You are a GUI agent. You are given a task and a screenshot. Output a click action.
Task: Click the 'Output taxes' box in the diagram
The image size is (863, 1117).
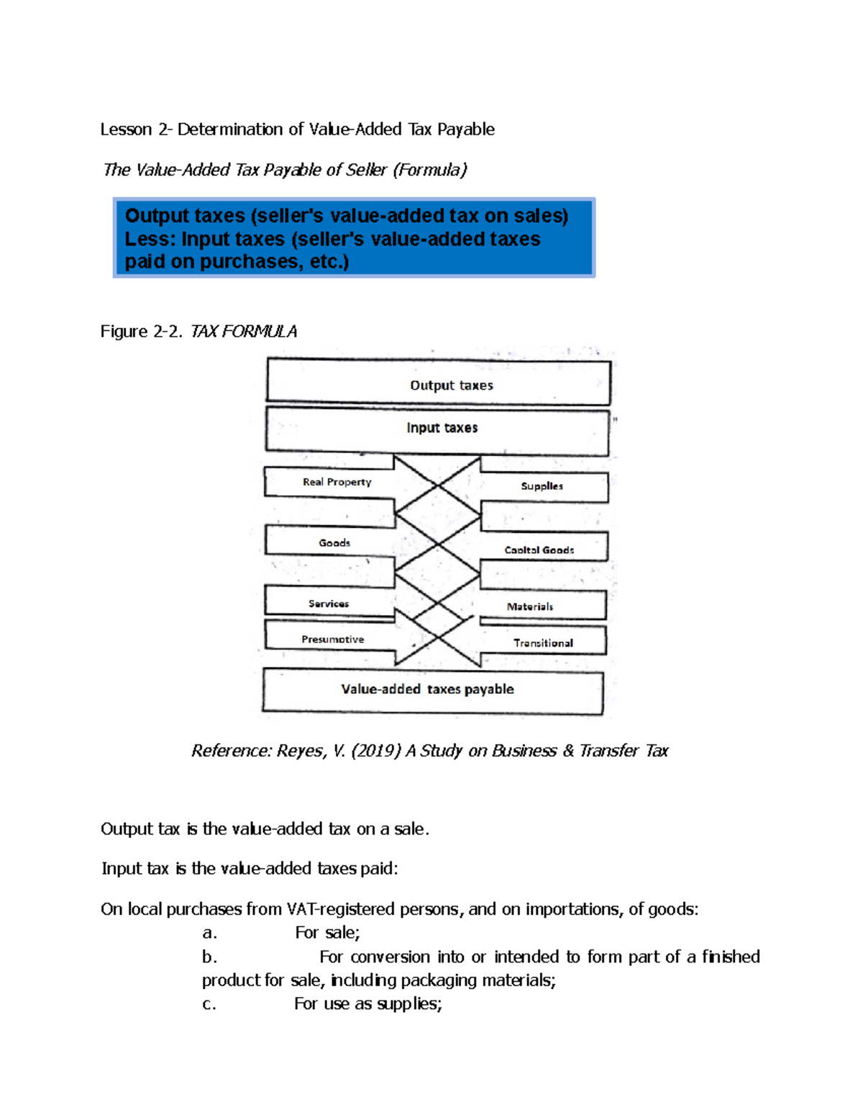[451, 385]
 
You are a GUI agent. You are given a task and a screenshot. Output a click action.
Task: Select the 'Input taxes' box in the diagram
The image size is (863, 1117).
[442, 428]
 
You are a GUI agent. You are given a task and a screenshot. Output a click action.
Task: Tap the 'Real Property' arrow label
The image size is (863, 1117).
[337, 482]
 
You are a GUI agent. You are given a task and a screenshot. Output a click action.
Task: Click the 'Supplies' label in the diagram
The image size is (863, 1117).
[542, 486]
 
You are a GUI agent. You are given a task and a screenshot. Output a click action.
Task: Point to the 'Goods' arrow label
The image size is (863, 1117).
[334, 543]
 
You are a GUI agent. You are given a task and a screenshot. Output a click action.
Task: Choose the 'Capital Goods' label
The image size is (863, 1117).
[539, 550]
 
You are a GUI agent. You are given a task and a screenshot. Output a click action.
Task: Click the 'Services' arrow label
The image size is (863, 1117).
[329, 604]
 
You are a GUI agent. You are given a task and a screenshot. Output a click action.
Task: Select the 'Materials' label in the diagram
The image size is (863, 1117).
[529, 607]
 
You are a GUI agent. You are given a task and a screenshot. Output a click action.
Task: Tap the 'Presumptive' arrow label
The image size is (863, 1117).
[332, 639]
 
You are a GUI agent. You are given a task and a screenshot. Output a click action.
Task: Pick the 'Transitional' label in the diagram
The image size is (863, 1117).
[543, 643]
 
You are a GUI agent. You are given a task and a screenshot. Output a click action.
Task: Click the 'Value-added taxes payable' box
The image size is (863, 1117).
[427, 689]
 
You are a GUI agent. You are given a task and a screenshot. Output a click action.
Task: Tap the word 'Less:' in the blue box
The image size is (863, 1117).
[150, 239]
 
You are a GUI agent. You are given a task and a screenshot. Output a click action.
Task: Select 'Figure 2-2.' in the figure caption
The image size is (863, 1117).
[142, 331]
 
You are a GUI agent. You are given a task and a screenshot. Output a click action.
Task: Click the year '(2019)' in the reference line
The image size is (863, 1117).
[376, 751]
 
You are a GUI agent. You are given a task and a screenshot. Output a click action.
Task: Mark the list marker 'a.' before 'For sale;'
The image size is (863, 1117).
[209, 933]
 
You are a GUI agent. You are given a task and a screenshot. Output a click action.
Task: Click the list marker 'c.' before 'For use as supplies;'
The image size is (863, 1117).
[209, 1004]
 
